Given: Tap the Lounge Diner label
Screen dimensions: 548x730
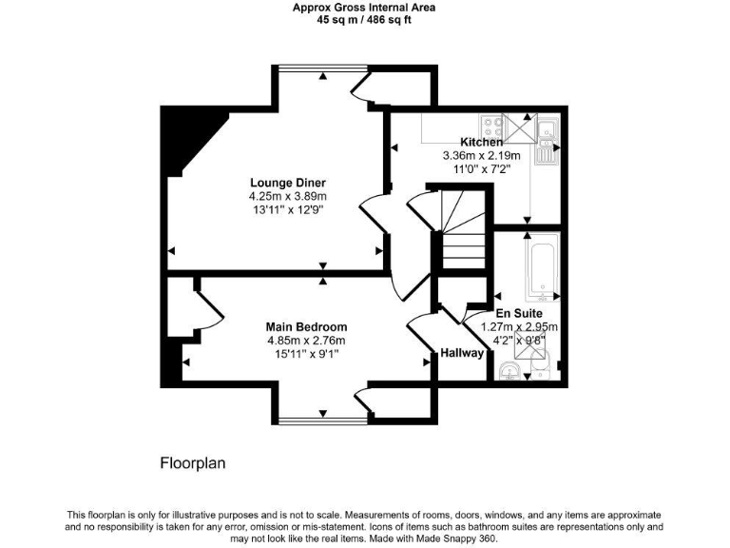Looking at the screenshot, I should [x=288, y=183].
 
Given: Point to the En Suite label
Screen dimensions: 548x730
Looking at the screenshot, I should [x=519, y=313].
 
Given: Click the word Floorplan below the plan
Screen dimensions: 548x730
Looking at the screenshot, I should [x=191, y=463].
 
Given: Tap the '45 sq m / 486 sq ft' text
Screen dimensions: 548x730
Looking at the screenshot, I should [x=364, y=18].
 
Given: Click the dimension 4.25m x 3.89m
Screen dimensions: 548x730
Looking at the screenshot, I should [x=287, y=196].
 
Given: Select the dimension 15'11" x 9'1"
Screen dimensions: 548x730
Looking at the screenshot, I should [x=305, y=354].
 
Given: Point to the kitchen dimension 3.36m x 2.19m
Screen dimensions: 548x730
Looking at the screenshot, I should [x=482, y=156].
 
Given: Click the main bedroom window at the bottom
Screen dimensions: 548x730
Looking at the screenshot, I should [x=321, y=420].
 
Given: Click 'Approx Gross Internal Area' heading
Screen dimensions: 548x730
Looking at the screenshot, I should [x=364, y=6].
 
